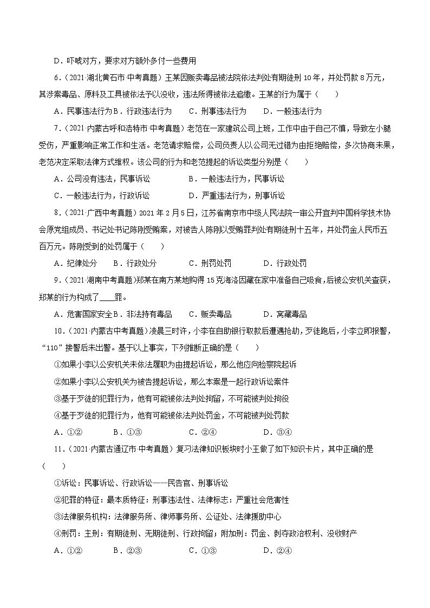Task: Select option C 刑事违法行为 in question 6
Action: [217, 111]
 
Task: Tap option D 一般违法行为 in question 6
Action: [292, 111]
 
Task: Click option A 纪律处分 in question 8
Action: [75, 263]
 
